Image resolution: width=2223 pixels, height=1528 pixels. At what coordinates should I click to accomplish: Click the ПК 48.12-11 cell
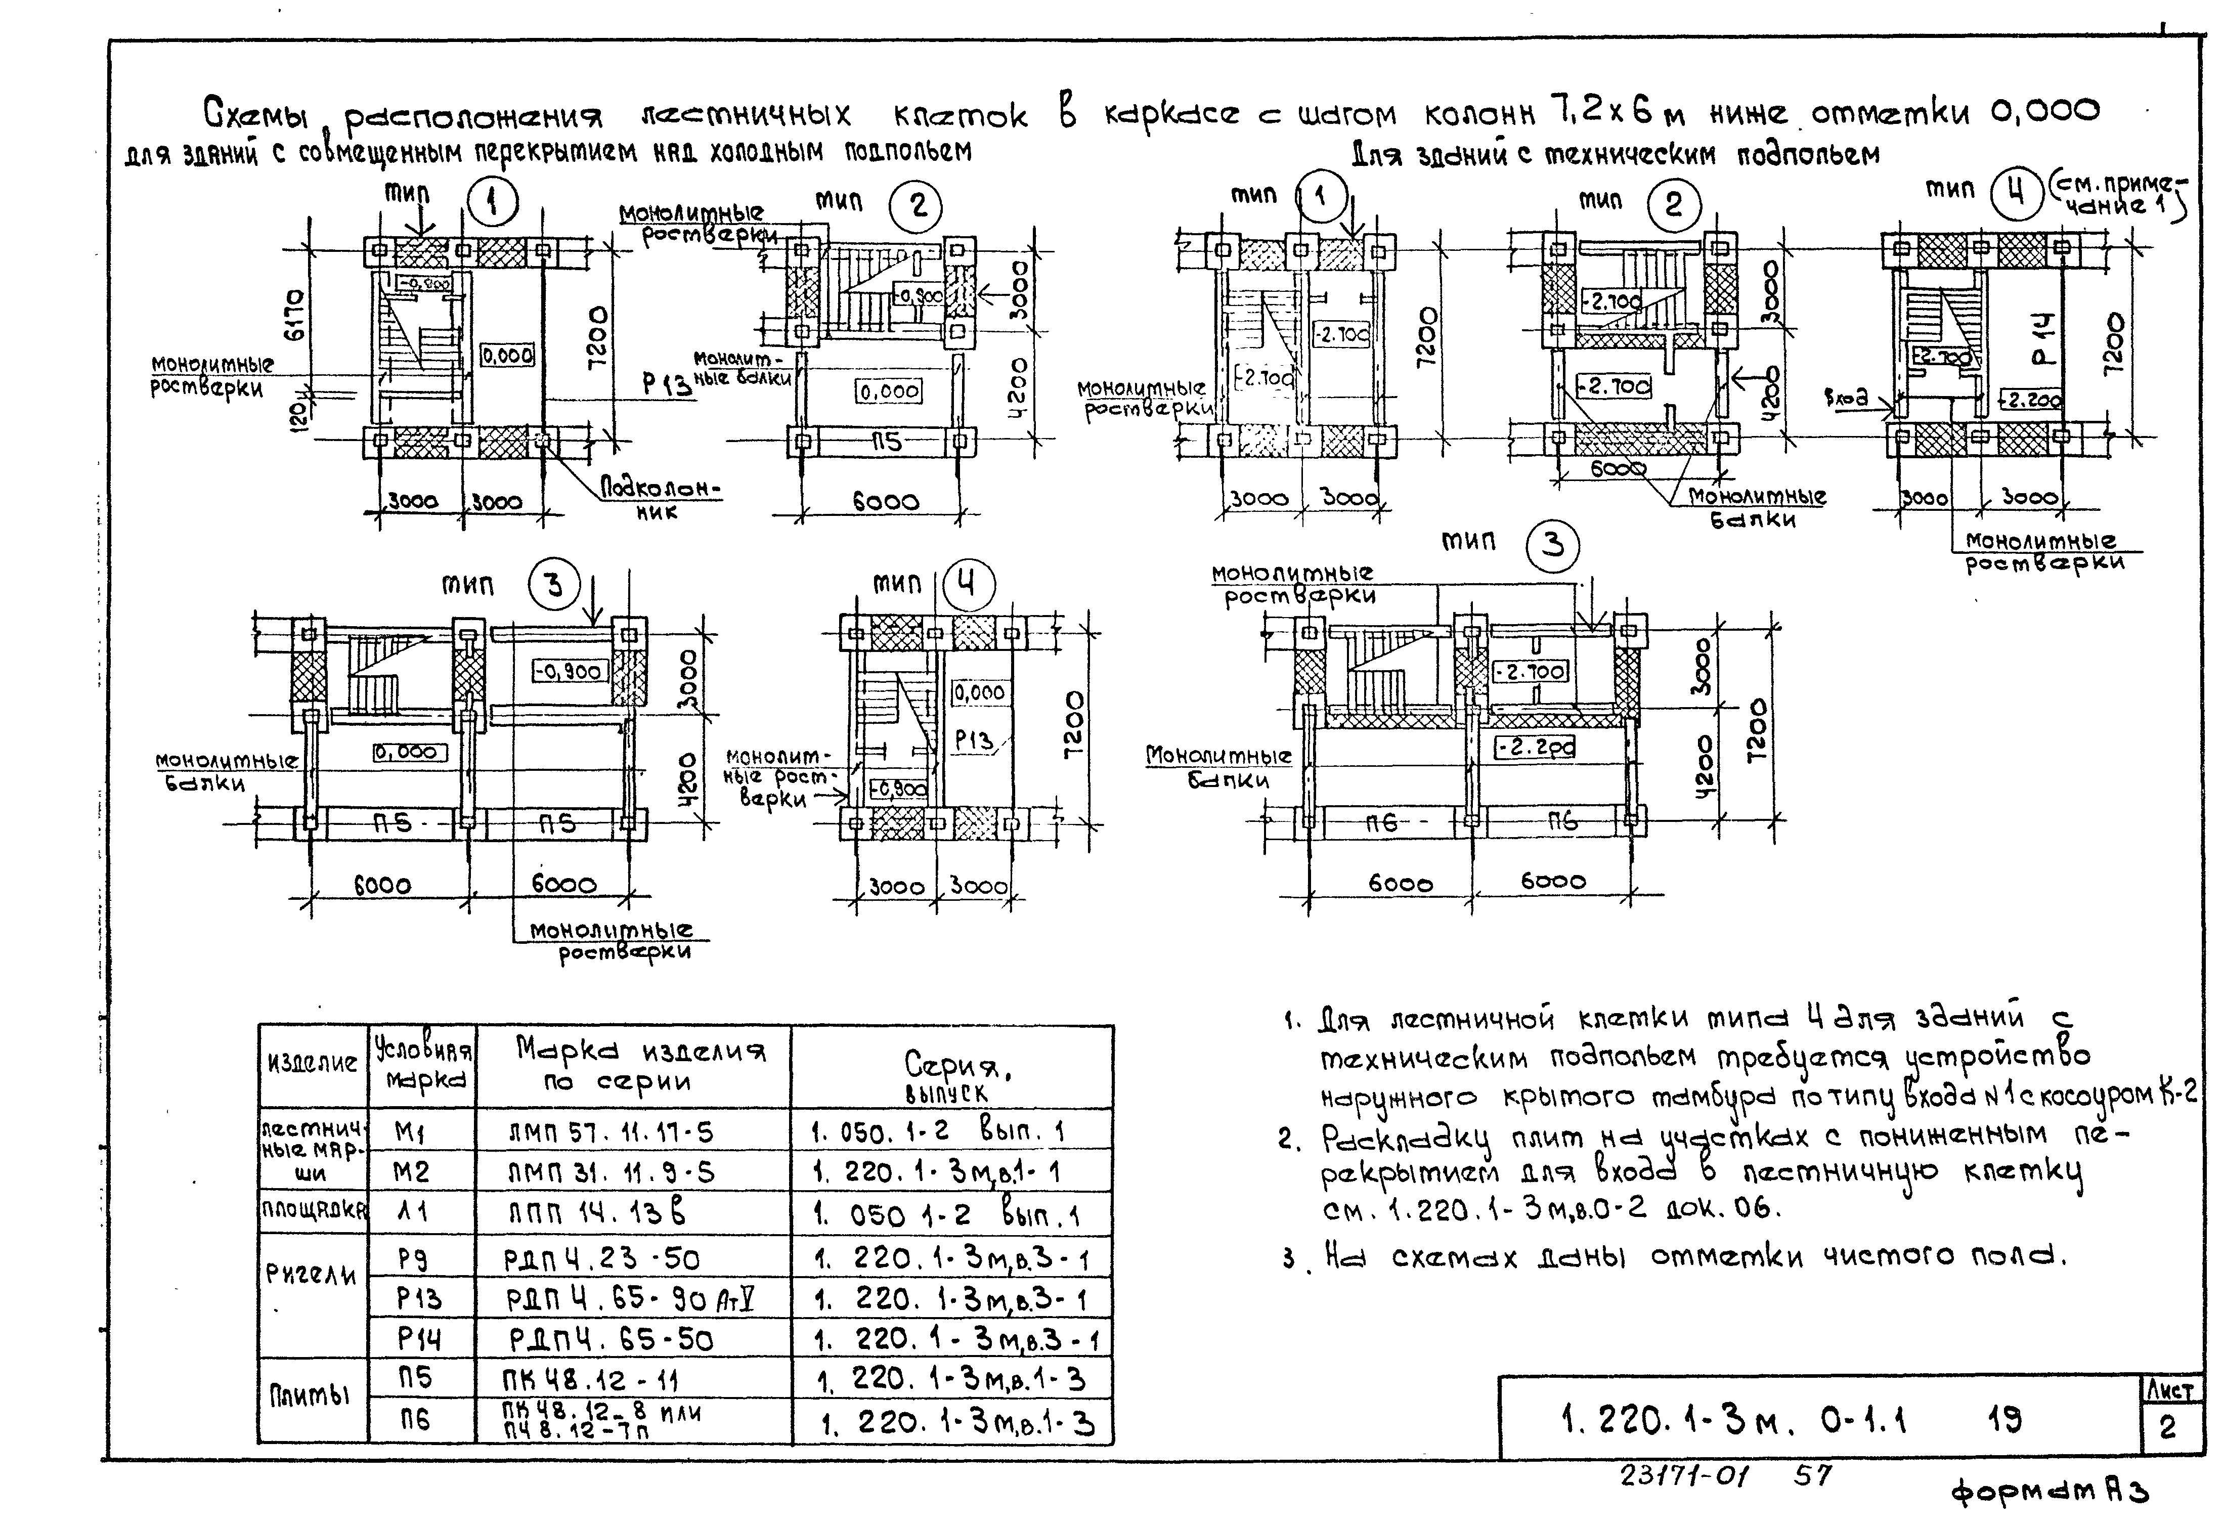coord(591,1381)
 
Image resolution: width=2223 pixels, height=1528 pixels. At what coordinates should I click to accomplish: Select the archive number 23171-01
coord(1683,1475)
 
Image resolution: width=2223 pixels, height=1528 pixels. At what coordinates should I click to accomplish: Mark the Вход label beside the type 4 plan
coord(1846,398)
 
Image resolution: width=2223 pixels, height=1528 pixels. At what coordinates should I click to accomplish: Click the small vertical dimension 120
coord(299,414)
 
